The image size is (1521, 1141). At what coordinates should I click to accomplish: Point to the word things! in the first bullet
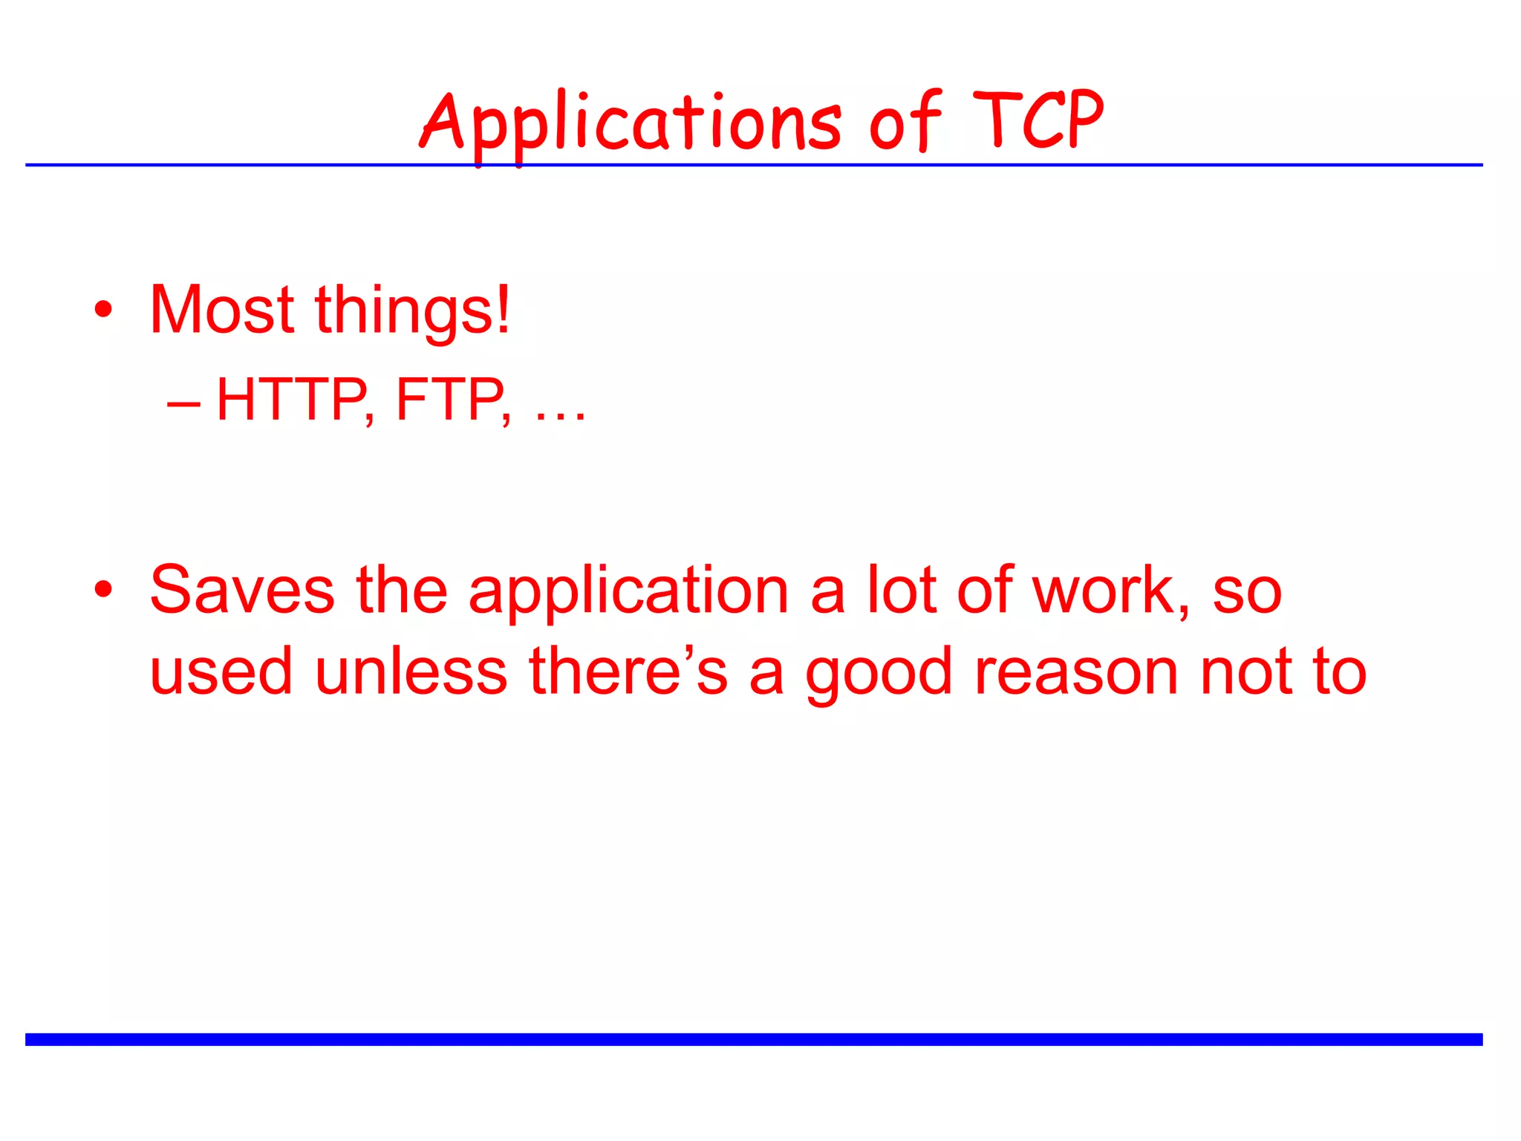point(413,312)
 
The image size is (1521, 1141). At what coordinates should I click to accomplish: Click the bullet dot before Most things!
point(104,310)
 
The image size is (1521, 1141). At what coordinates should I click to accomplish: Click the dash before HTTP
point(183,405)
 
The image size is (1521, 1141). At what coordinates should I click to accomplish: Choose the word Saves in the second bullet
point(242,591)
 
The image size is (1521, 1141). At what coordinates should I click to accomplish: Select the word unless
point(411,672)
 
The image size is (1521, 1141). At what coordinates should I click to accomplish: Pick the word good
point(879,674)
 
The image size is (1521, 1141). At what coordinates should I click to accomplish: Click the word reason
point(1076,673)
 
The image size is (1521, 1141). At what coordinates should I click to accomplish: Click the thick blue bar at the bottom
point(754,1039)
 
